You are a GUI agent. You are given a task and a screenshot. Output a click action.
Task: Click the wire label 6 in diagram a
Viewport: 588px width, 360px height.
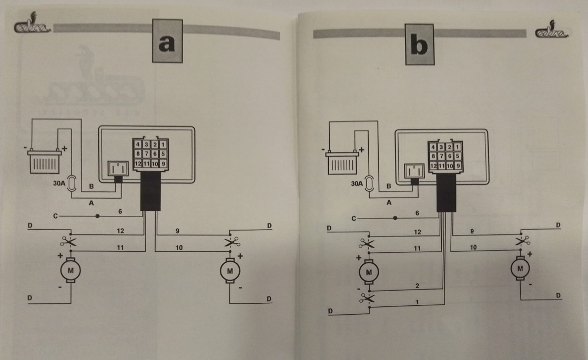click(x=120, y=211)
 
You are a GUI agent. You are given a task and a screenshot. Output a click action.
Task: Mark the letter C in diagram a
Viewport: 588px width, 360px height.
click(x=55, y=215)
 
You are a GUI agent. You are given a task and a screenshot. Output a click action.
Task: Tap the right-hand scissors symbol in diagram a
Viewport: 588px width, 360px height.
click(x=230, y=242)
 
